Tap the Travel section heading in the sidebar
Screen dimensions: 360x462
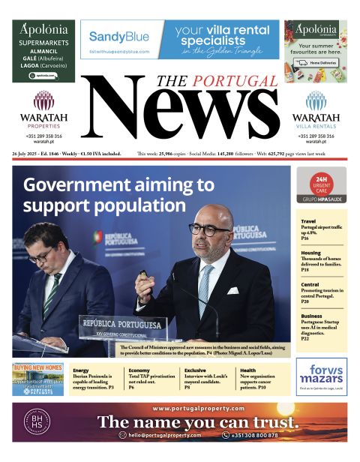click(x=308, y=222)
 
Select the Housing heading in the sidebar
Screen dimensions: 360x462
click(x=310, y=253)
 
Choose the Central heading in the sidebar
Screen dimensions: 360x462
click(x=310, y=284)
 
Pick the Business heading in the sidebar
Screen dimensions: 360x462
click(x=311, y=316)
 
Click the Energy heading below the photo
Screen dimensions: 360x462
click(x=81, y=370)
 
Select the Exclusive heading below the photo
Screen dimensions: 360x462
click(x=195, y=370)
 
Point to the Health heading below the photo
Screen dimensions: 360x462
click(x=247, y=370)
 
